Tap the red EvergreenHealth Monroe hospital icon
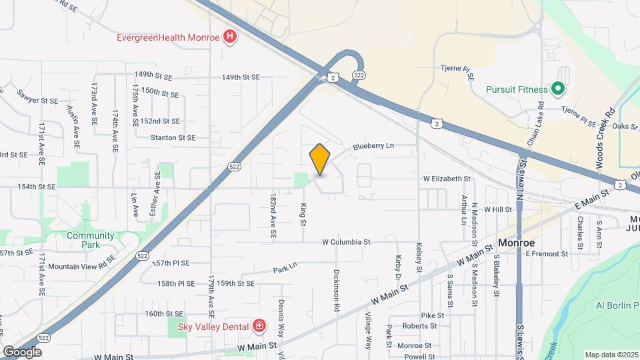tap(231, 37)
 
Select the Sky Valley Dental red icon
tap(259, 326)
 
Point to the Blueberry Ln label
tap(373, 146)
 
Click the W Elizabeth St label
tap(447, 179)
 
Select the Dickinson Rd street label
tap(337, 291)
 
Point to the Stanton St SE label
tap(173, 138)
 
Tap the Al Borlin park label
tap(614, 305)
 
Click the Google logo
tap(22, 351)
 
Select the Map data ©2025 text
tap(610, 355)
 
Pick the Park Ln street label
tap(285, 270)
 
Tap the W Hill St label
tap(497, 209)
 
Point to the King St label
tap(303, 214)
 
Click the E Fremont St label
tap(546, 253)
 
